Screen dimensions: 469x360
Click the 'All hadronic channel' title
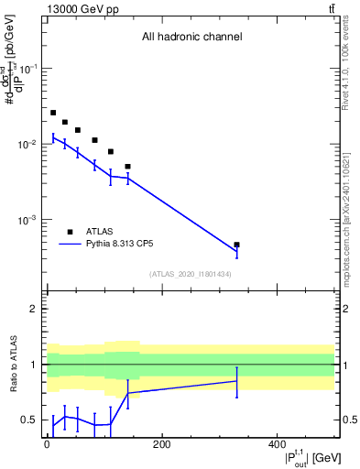tap(191, 38)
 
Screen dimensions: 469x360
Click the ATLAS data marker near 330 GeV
tap(237, 245)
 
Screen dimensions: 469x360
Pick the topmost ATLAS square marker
tap(53, 113)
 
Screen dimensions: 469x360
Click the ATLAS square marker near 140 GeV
tap(128, 167)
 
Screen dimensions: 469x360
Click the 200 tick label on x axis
tap(161, 444)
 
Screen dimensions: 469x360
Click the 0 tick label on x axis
tap(47, 444)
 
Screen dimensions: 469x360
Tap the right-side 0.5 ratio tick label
tap(348, 420)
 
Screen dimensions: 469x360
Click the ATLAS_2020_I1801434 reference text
tap(191, 274)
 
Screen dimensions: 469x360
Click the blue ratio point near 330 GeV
tap(237, 380)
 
